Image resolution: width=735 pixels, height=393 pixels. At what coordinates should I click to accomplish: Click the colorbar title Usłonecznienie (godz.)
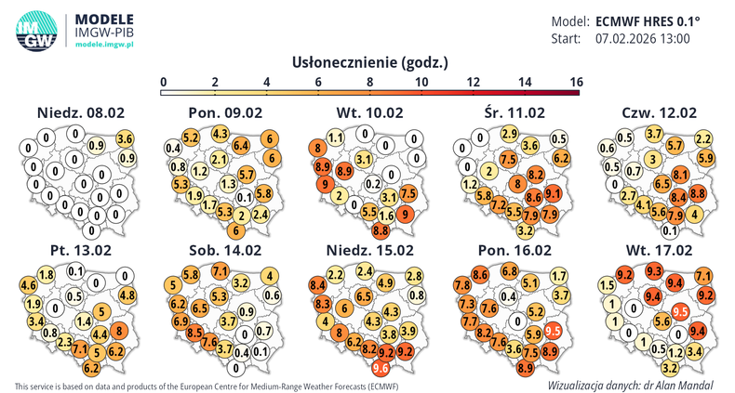tap(370, 63)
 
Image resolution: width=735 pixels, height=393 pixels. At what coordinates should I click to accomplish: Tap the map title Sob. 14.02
tap(223, 250)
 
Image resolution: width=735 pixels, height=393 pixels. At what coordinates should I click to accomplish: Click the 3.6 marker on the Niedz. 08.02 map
tap(126, 138)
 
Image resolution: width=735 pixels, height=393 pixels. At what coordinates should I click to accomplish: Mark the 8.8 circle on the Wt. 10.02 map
tap(381, 229)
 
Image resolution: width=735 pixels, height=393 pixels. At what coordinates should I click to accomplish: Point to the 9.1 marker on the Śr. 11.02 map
tap(553, 194)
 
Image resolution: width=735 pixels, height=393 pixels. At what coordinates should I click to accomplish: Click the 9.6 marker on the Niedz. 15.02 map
tap(380, 368)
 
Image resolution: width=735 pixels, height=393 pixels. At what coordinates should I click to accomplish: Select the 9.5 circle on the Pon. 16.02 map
tap(553, 331)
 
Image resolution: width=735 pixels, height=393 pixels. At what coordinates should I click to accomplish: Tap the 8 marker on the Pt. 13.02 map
tap(121, 331)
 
